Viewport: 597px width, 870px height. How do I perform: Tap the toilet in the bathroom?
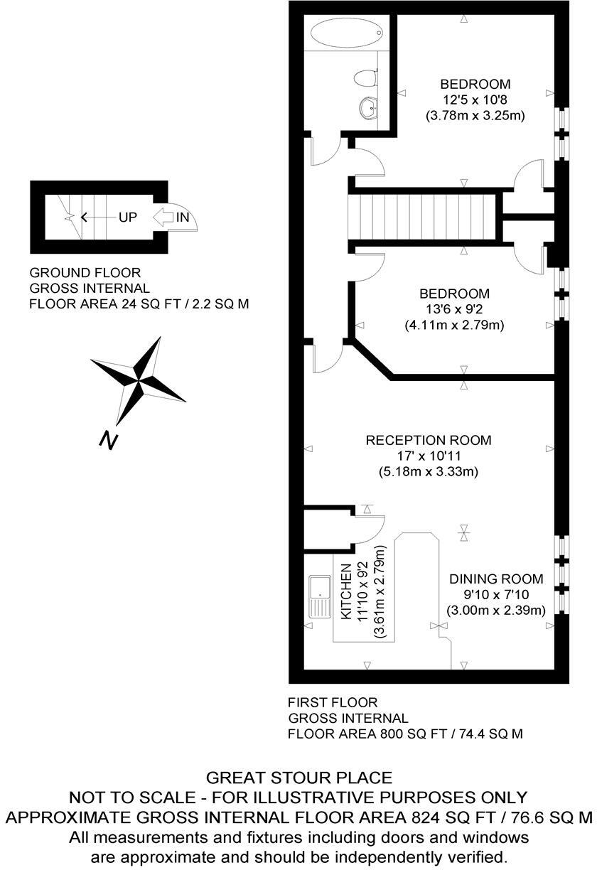click(x=367, y=77)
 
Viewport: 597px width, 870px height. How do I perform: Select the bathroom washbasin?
click(x=370, y=109)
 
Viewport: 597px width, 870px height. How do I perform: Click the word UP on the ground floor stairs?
click(x=128, y=217)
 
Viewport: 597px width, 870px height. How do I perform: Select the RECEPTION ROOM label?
click(x=428, y=441)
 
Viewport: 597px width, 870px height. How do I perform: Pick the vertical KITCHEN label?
click(x=347, y=592)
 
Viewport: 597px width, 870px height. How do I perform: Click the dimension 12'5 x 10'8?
click(x=475, y=100)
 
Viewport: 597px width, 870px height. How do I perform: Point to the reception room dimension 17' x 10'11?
click(x=428, y=456)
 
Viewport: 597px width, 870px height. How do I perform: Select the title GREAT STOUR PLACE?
click(x=298, y=778)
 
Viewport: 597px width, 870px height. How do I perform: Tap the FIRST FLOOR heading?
click(x=333, y=702)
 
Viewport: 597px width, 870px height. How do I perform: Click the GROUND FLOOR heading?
click(x=85, y=273)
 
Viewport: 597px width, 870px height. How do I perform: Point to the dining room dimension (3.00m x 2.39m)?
click(x=496, y=611)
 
